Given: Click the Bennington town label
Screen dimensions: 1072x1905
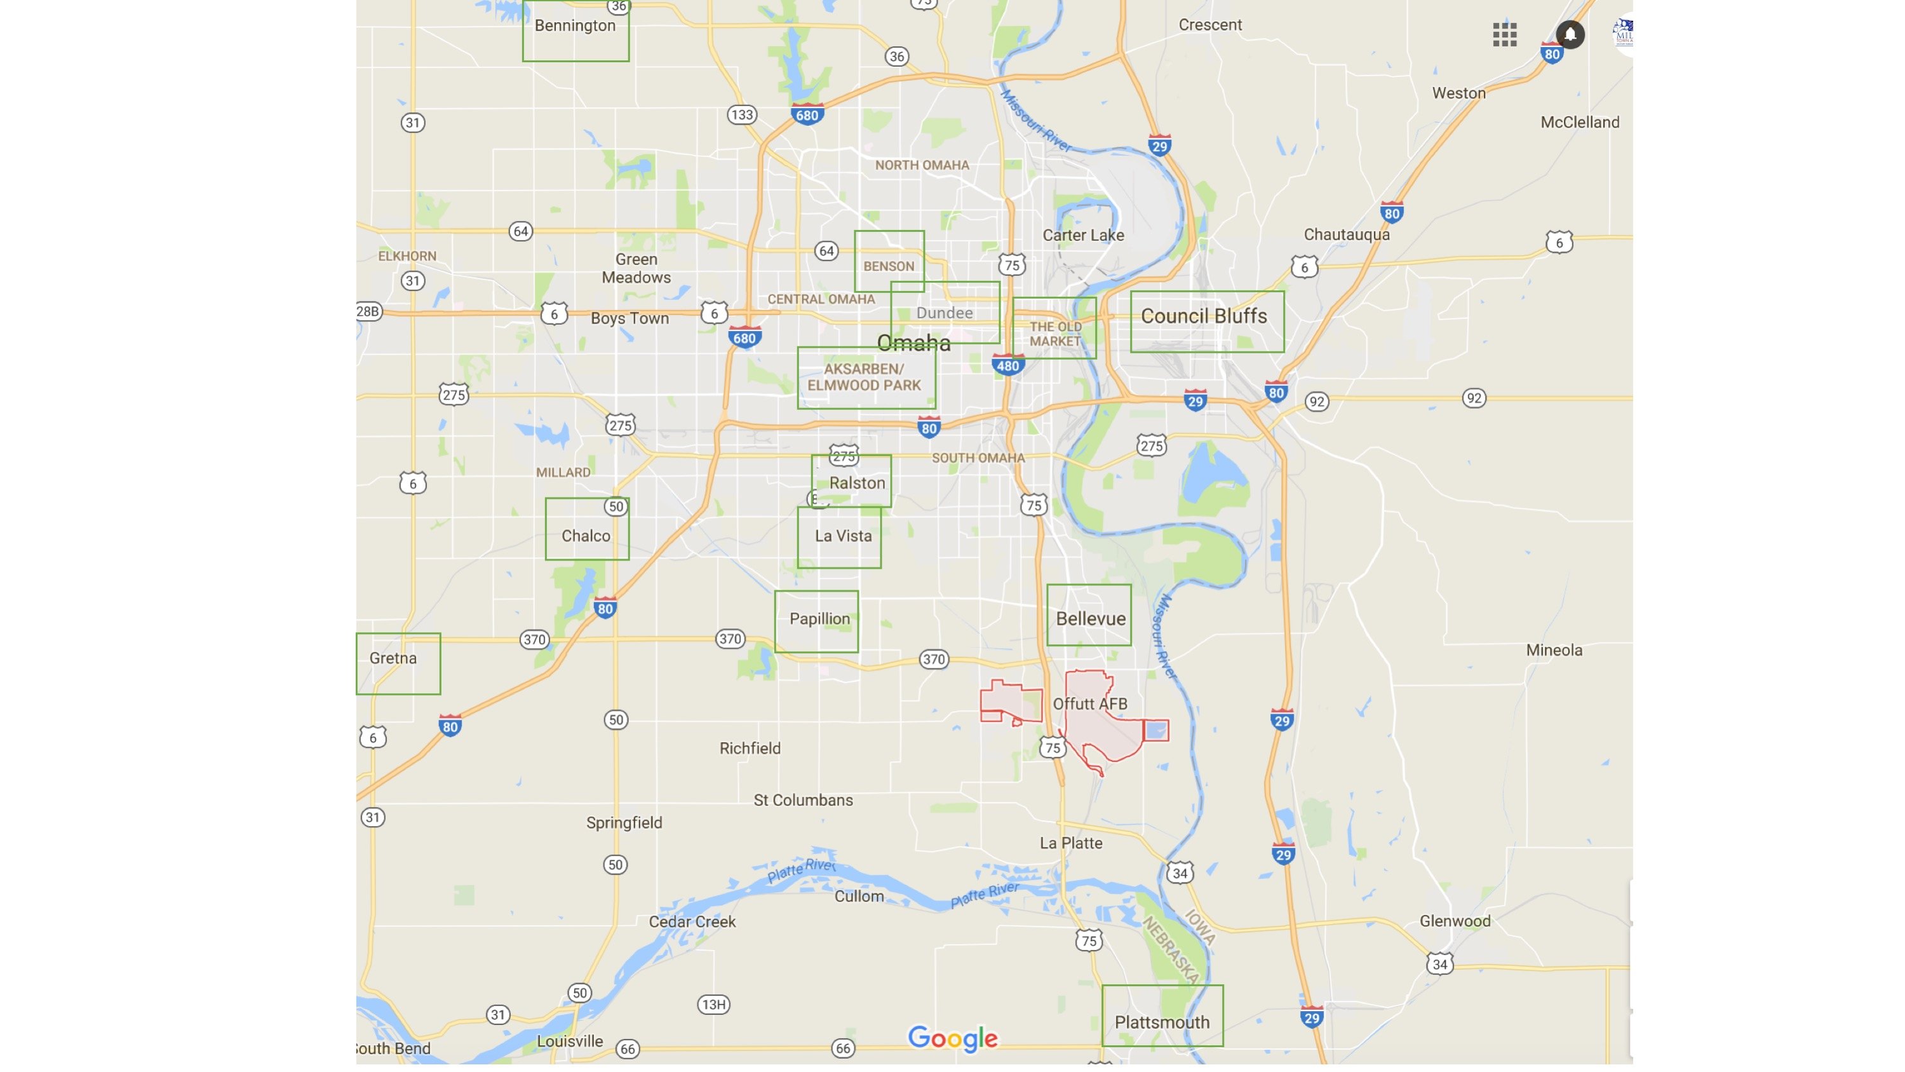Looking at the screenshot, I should point(575,26).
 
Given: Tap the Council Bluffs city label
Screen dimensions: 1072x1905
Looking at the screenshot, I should point(1203,316).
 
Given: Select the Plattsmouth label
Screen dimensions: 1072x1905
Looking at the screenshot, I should point(1161,1022).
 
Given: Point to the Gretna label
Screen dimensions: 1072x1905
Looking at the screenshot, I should point(393,658).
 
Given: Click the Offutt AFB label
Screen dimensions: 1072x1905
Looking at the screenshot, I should point(1089,704).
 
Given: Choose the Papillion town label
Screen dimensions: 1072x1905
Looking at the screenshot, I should point(819,619).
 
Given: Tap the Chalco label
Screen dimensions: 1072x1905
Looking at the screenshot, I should point(585,536).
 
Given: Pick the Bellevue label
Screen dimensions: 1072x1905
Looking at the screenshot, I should point(1090,618).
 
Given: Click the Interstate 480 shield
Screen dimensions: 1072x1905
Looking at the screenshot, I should point(1007,365).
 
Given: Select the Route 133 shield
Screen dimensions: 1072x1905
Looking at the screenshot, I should point(741,114).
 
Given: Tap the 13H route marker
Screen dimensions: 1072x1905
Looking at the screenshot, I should point(713,1005).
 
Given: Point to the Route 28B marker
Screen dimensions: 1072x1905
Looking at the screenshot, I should point(368,311).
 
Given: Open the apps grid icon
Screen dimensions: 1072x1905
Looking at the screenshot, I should point(1504,34).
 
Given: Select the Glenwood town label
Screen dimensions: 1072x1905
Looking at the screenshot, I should point(1455,921).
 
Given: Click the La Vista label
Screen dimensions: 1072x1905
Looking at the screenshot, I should point(843,536).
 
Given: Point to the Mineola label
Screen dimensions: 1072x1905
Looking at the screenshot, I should point(1554,650).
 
